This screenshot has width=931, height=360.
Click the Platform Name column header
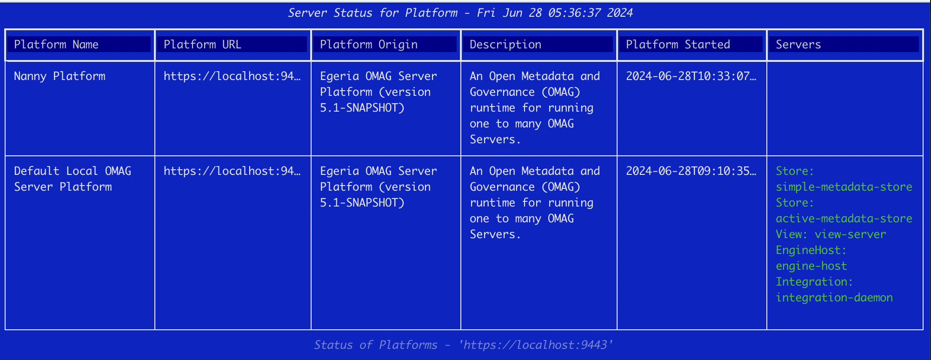56,45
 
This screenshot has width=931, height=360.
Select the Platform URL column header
202,45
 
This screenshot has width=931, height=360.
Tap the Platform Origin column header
369,45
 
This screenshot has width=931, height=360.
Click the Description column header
505,45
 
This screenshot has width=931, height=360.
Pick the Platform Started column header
678,45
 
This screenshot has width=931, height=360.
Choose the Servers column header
798,45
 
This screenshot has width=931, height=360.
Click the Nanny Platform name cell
60,76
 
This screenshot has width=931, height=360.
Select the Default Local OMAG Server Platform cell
73,179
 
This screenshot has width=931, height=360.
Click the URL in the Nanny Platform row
232,76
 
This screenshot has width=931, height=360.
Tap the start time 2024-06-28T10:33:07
691,76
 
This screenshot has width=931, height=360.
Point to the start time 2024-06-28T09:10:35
691,171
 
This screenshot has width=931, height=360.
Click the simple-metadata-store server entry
844,187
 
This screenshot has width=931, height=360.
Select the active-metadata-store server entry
844,219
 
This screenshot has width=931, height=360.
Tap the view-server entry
851,234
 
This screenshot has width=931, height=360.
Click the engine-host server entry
811,266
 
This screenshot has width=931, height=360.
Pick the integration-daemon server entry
834,298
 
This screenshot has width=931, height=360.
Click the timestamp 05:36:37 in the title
575,13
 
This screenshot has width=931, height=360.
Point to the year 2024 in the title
620,13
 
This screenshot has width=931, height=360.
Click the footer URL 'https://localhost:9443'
536,345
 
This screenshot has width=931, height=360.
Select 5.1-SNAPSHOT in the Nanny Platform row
362,108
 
